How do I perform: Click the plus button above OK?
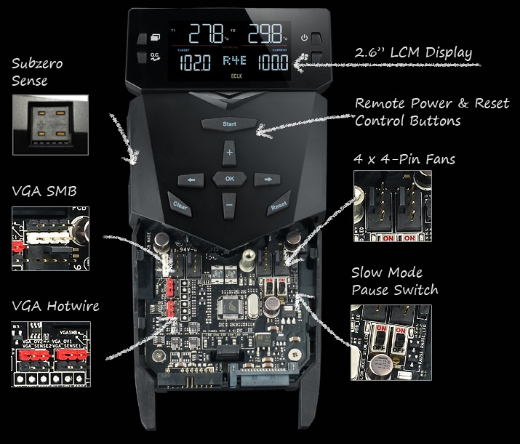pos(230,153)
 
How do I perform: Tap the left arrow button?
pos(192,179)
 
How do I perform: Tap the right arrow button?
pos(268,179)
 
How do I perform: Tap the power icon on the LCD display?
pos(305,38)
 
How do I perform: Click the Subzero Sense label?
pos(38,71)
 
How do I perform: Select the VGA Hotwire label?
pos(56,306)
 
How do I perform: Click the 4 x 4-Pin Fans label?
pos(404,158)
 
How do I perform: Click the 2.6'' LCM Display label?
pos(413,53)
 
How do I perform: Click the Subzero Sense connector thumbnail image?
pos(50,124)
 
